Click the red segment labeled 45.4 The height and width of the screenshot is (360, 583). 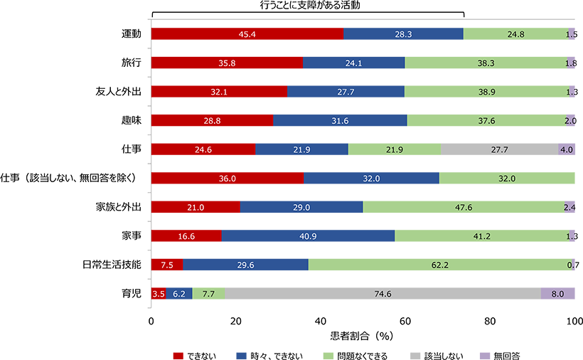(247, 34)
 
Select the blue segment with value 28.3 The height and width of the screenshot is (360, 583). (403, 34)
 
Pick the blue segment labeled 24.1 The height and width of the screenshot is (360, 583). (353, 63)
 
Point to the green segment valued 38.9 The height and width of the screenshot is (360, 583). (487, 92)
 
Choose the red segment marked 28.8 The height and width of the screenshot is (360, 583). (212, 121)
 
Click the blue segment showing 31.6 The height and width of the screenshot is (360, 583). (340, 121)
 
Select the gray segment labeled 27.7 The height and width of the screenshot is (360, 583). (499, 150)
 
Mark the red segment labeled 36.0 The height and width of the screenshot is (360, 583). (227, 179)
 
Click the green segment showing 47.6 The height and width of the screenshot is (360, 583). (464, 207)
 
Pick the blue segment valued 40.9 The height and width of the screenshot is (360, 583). (308, 236)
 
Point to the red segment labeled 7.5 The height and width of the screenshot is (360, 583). (167, 265)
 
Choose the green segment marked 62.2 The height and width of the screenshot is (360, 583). (439, 265)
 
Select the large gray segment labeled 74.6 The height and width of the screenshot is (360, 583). (383, 293)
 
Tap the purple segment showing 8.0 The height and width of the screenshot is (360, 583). (557, 293)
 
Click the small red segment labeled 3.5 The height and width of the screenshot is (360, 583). (159, 293)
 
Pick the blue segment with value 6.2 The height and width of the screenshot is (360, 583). (178, 293)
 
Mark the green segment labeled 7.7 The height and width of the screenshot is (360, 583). (208, 293)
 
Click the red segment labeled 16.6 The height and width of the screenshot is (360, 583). (186, 236)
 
